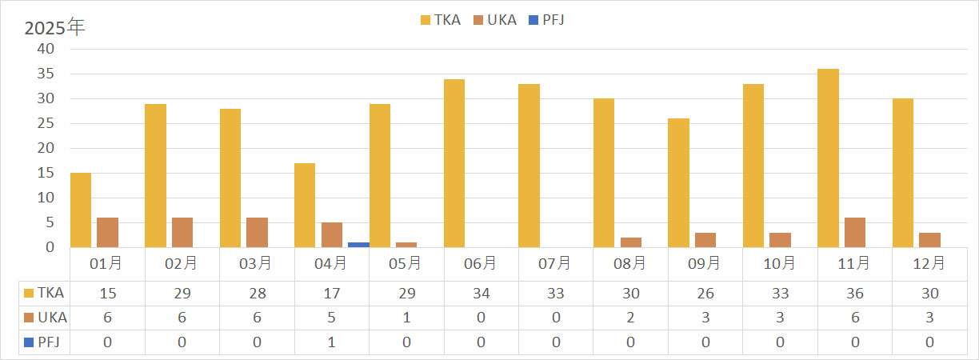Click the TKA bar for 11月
[828, 158]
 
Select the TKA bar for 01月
[81, 210]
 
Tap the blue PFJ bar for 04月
[358, 244]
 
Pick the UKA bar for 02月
[182, 232]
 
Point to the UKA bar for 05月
[406, 244]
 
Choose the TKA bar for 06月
[454, 163]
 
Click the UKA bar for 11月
[854, 232]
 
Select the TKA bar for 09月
[678, 183]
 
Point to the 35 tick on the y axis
[46, 74]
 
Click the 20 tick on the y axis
[46, 148]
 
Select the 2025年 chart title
[54, 27]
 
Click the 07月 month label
[555, 263]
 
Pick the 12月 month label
[929, 263]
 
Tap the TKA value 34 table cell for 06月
[481, 293]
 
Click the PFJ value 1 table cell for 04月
[331, 342]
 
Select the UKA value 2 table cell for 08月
[630, 318]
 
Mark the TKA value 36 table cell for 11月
[854, 293]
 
